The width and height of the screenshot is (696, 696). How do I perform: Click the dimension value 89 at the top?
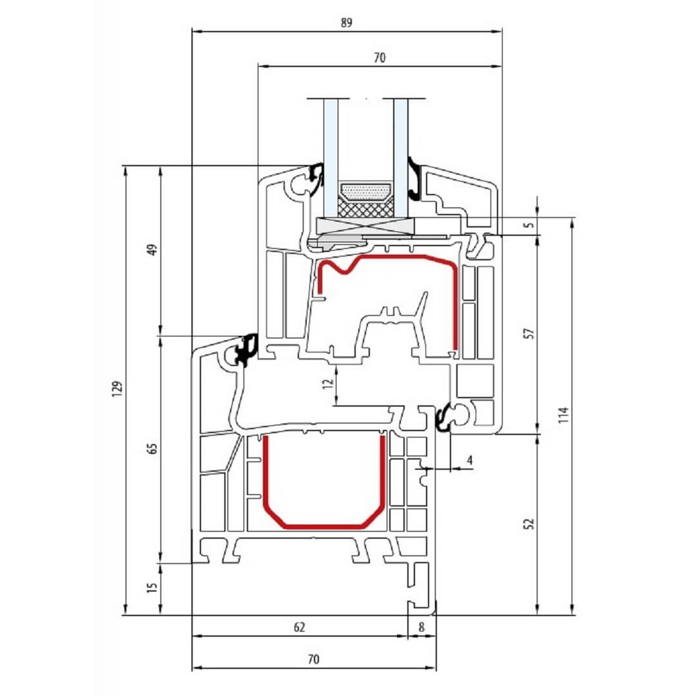click(x=347, y=22)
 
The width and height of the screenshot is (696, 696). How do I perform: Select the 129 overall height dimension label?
click(x=117, y=389)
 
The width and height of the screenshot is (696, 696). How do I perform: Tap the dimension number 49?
click(x=153, y=250)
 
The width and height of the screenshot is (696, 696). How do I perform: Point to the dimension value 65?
click(x=153, y=449)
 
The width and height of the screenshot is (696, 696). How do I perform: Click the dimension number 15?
click(x=153, y=588)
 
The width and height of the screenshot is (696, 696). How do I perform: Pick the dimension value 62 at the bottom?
click(x=300, y=627)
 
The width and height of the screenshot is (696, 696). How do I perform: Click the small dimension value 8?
click(x=421, y=627)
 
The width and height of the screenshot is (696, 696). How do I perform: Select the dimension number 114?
click(x=564, y=415)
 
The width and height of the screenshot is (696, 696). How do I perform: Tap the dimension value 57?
click(x=529, y=333)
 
